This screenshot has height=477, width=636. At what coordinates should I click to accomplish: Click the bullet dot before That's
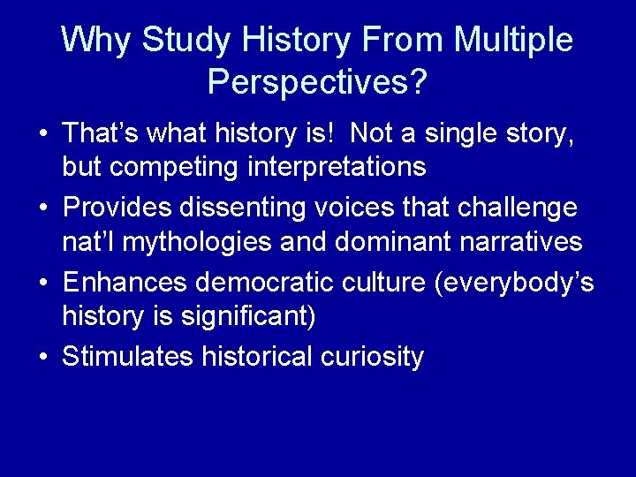(x=42, y=135)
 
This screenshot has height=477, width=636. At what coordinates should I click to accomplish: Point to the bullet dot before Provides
(x=42, y=209)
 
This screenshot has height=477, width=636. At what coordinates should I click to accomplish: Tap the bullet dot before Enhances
(x=42, y=284)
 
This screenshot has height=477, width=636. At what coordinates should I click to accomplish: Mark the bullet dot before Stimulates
(x=42, y=358)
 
